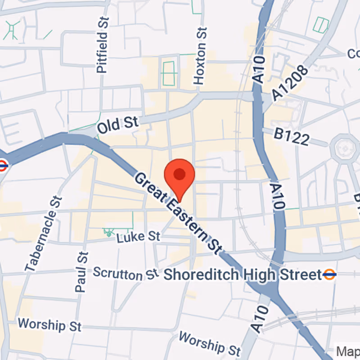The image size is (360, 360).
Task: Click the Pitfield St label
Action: point(103,46)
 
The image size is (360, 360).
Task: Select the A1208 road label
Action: point(290,83)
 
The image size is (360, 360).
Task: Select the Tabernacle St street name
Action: point(43,234)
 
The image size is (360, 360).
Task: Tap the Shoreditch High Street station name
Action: point(243,274)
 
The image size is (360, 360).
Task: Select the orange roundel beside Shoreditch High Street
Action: point(329,274)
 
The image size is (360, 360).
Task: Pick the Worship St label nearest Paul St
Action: point(49,324)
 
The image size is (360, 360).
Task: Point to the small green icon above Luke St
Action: point(108,232)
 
